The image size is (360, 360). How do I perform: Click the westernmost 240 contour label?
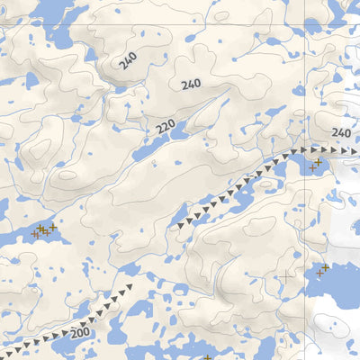tap(128, 61)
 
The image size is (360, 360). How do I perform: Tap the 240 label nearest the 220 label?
tap(190, 85)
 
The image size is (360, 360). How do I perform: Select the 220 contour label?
tap(165, 128)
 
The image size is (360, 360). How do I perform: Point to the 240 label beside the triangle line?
tap(340, 132)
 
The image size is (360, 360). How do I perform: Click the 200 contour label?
tap(80, 333)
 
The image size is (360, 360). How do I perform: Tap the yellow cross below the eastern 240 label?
tap(318, 162)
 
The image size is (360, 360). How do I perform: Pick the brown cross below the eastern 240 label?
tap(311, 168)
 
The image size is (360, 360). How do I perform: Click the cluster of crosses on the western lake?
tap(43, 230)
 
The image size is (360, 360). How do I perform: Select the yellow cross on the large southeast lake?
tap(325, 266)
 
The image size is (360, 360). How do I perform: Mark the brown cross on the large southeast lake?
tap(320, 270)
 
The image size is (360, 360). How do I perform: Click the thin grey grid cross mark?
tap(286, 274)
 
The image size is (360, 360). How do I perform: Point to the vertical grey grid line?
tap(305, 54)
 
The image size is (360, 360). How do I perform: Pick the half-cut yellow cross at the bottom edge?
tap(206, 357)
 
